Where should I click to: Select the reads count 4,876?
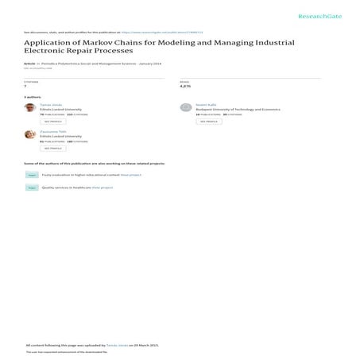pyautogui.click(x=185, y=86)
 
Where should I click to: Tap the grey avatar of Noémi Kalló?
pyautogui.click(x=186, y=107)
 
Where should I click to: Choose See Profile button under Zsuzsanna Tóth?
pyautogui.click(x=53, y=148)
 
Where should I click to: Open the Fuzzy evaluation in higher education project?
pyautogui.click(x=91, y=174)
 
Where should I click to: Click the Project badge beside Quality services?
pyautogui.click(x=32, y=188)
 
